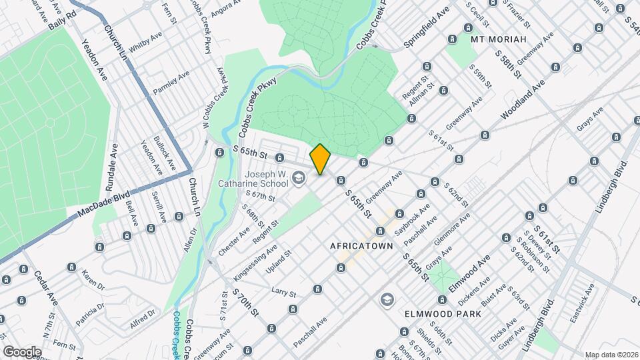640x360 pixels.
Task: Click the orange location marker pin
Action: tap(321, 159)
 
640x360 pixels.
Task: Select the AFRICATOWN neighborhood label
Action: tap(359, 246)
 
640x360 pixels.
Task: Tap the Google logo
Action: tap(22, 351)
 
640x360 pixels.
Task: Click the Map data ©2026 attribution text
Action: tap(611, 354)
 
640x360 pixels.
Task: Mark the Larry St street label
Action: tap(283, 291)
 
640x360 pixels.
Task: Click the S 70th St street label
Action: tap(245, 304)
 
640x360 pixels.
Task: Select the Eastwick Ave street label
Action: tap(582, 303)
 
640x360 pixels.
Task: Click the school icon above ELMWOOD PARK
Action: tap(386, 299)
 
